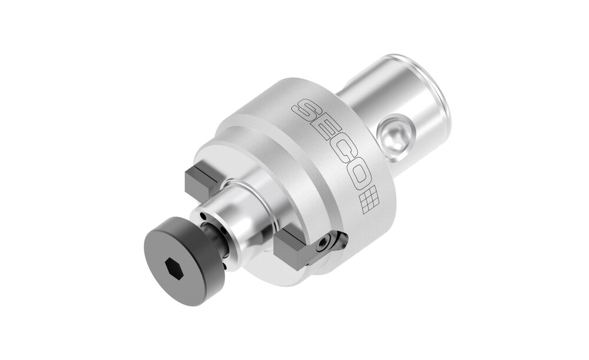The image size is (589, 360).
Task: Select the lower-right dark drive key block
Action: coord(293,250)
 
